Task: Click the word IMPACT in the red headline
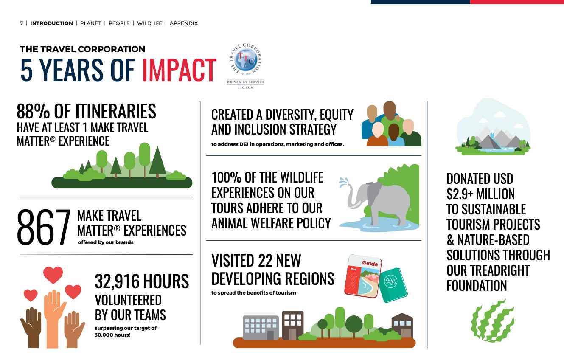179,70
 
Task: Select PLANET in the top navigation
91,23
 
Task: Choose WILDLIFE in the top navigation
149,23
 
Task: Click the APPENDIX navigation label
184,23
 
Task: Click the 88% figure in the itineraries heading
33,111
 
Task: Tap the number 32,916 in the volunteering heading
117,281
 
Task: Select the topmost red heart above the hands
53,275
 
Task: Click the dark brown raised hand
31,327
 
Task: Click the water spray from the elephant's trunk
343,182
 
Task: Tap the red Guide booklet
362,276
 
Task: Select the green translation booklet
393,285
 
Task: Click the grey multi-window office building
261,327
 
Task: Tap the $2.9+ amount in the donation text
460,194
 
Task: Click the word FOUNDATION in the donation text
477,286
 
